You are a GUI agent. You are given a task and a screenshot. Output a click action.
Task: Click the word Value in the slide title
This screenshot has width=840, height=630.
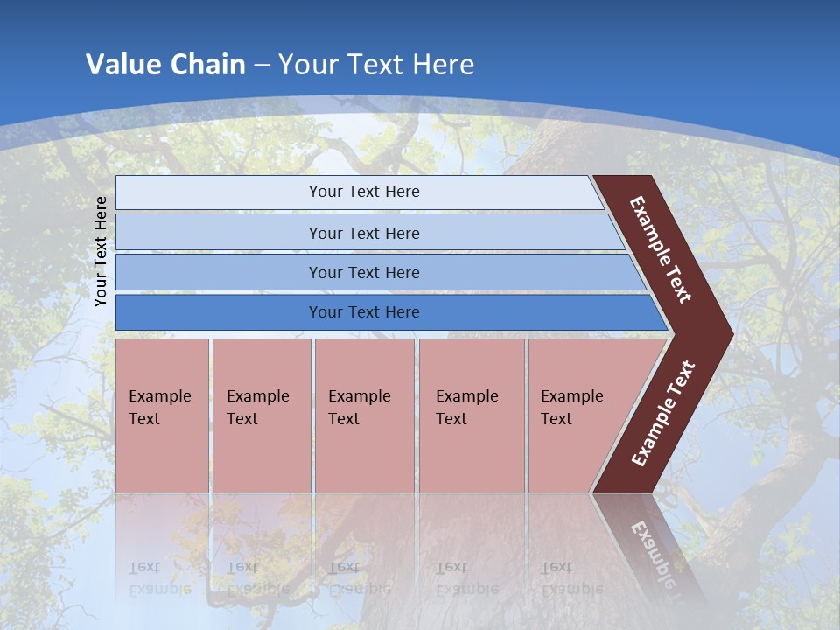(x=122, y=65)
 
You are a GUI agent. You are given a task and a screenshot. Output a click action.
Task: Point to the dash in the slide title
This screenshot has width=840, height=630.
(x=262, y=66)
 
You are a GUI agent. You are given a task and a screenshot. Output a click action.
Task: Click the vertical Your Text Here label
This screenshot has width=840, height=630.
(x=101, y=251)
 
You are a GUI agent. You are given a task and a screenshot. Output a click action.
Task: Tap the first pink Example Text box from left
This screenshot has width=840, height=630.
(x=162, y=416)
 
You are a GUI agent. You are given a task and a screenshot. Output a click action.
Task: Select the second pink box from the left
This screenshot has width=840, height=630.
(x=261, y=416)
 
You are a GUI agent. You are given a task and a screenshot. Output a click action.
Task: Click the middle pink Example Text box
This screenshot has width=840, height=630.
(x=364, y=416)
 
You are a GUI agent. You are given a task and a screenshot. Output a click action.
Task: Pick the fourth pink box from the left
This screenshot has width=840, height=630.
(x=472, y=416)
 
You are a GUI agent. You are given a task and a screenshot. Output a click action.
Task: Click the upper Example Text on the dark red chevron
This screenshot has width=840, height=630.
(x=661, y=249)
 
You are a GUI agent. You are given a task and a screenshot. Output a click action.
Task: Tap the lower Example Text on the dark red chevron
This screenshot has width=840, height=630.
(x=663, y=414)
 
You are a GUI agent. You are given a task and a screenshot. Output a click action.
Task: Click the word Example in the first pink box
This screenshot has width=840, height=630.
(x=159, y=396)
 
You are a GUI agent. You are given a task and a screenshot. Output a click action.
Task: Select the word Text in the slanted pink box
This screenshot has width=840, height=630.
(x=556, y=419)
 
